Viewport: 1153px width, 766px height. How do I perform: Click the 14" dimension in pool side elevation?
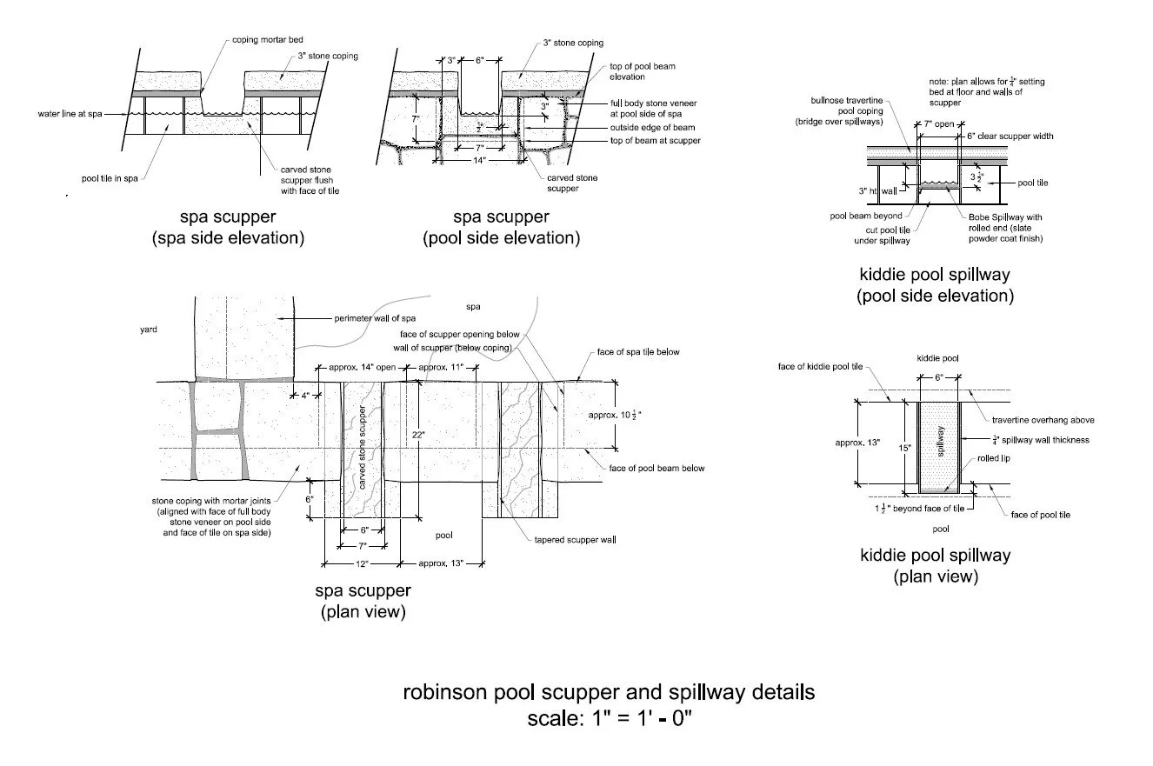(480, 161)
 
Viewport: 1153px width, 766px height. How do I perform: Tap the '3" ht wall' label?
(874, 190)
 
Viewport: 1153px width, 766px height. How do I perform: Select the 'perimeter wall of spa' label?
(376, 318)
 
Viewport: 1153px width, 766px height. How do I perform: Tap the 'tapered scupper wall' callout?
(575, 540)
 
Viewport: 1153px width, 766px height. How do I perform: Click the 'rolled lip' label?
(992, 458)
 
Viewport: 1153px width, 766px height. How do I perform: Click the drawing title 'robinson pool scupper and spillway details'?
(609, 693)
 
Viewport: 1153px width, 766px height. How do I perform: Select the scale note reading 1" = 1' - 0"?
(609, 720)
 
